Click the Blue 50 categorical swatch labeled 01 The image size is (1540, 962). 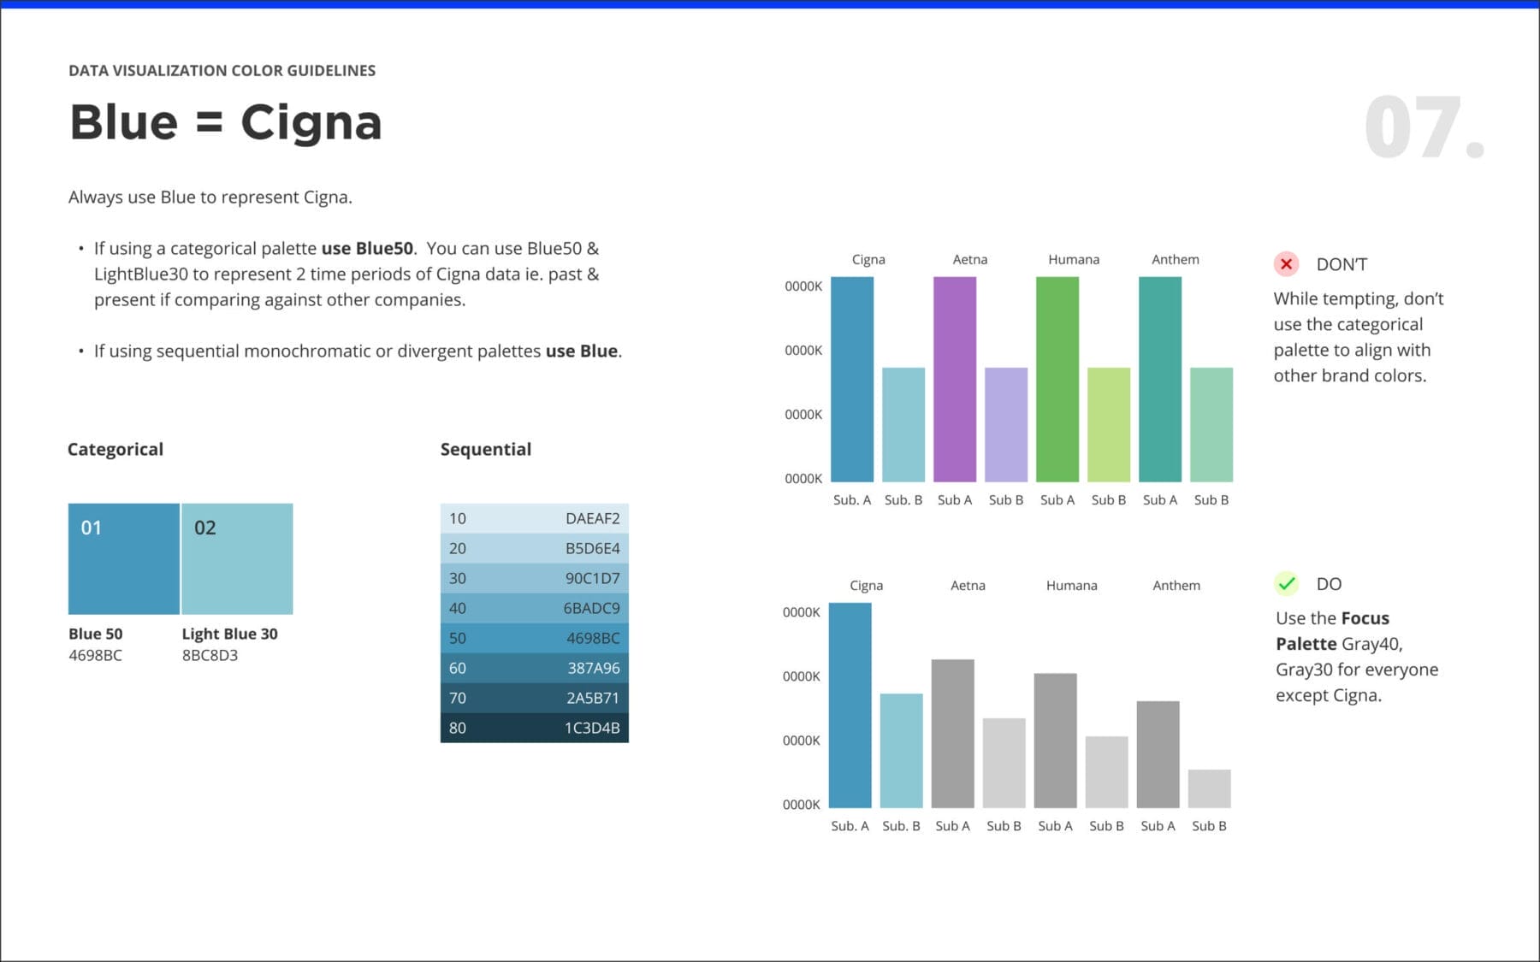[x=124, y=558]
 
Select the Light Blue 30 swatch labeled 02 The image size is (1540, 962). [x=237, y=558]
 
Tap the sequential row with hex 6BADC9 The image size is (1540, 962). [x=534, y=608]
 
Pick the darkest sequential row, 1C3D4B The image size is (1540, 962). [x=534, y=728]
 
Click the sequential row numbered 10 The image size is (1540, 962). [x=534, y=518]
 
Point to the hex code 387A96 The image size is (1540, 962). [x=593, y=668]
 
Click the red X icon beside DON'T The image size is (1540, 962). [x=1286, y=264]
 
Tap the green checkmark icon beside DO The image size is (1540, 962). [x=1286, y=584]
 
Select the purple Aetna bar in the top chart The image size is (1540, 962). [x=955, y=379]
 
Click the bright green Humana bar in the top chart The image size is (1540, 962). [x=1057, y=379]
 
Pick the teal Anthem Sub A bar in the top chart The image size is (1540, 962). [x=1160, y=379]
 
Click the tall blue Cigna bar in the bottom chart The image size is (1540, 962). [x=850, y=705]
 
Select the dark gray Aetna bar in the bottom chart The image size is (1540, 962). [x=952, y=733]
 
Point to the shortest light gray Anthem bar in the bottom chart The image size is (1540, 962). [x=1210, y=788]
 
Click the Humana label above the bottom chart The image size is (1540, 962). [x=1071, y=586]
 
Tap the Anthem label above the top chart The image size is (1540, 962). [x=1176, y=259]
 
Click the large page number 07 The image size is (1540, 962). [x=1424, y=128]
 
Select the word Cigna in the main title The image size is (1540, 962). [x=311, y=122]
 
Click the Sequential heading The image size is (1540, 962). [x=486, y=450]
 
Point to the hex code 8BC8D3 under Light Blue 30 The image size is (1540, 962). [x=210, y=656]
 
